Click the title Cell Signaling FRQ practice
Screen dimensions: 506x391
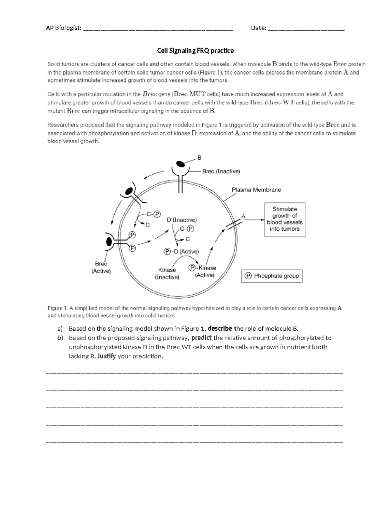click(x=195, y=51)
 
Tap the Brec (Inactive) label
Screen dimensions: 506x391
click(x=221, y=171)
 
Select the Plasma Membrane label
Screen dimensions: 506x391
click(x=256, y=190)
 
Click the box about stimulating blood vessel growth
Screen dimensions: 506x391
click(x=284, y=219)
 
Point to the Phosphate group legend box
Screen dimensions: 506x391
click(x=272, y=276)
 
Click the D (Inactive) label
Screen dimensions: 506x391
click(x=182, y=220)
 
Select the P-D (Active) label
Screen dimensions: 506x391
click(x=181, y=252)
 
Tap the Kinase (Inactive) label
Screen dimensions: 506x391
click(x=167, y=274)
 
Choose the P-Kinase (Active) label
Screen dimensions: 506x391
click(x=203, y=271)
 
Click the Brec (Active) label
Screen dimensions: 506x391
click(x=101, y=267)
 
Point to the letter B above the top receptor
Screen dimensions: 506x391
click(x=199, y=158)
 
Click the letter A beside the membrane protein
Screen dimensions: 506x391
click(x=243, y=216)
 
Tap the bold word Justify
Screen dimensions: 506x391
click(x=107, y=356)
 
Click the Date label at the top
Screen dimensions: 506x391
click(x=258, y=28)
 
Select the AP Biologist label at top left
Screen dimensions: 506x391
click(x=64, y=28)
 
